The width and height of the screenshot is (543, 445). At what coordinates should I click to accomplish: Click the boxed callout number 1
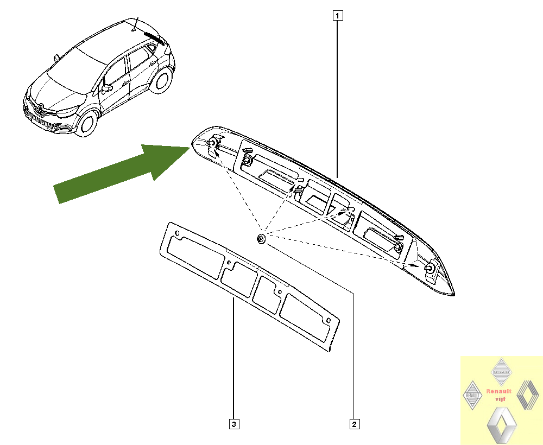click(338, 16)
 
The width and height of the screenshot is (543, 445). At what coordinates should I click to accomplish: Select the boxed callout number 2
click(354, 424)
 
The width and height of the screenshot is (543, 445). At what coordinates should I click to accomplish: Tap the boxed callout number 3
click(234, 424)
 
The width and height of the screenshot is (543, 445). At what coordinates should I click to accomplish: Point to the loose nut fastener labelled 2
click(262, 239)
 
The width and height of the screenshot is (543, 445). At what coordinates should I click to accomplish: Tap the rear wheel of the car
click(161, 81)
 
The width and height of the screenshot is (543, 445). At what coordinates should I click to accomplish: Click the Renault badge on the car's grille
click(41, 109)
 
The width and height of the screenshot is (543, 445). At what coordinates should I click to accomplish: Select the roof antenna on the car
click(135, 24)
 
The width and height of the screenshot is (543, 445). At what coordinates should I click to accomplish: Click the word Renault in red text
click(498, 391)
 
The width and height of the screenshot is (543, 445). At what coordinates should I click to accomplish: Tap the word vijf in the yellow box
click(500, 399)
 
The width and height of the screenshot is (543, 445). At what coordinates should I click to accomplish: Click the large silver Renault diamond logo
click(502, 425)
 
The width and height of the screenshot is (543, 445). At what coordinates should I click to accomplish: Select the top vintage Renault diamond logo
click(501, 372)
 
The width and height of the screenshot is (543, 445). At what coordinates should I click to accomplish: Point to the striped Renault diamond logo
click(528, 395)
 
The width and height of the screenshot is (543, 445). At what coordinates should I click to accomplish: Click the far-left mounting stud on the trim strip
click(212, 142)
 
